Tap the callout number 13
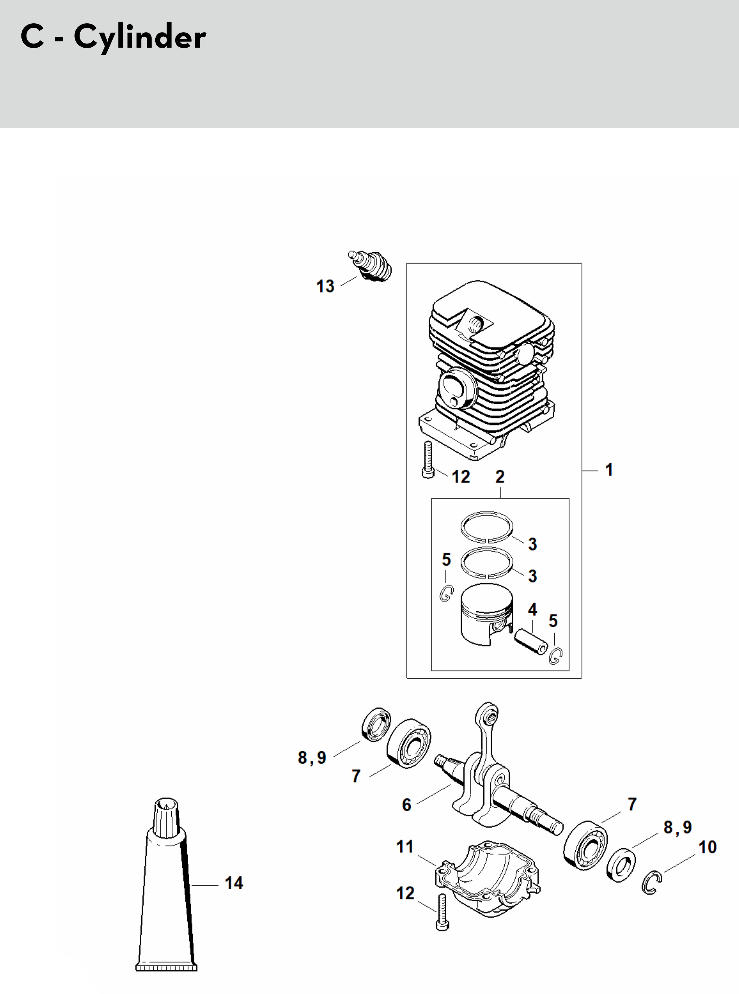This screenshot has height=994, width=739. [x=325, y=286]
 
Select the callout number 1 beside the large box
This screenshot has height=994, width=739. [x=609, y=470]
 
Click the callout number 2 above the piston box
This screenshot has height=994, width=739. [x=500, y=477]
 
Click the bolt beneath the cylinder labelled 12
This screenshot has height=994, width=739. [x=428, y=460]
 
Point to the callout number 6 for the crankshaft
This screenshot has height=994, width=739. [x=407, y=805]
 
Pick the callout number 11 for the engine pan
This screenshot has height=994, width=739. [x=405, y=846]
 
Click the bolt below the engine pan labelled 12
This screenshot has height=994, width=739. [x=443, y=912]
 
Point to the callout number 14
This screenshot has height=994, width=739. [x=234, y=883]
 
